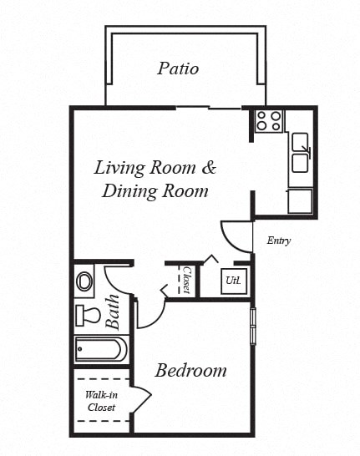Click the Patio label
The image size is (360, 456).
point(178,68)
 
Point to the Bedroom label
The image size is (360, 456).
point(191,370)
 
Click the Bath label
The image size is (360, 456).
point(113,310)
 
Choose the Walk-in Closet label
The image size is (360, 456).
point(101,401)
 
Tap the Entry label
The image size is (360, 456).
point(279,241)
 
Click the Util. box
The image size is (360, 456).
point(233,281)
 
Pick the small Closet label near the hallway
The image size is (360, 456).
point(187,281)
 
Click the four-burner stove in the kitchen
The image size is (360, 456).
point(269,121)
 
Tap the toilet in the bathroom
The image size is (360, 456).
point(88,315)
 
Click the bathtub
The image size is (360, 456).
point(101,348)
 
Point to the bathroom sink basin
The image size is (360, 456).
point(85,281)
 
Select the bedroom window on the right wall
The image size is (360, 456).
point(253,325)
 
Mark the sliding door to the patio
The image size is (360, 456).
point(207,107)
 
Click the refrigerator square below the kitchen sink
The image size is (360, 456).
point(300,201)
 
